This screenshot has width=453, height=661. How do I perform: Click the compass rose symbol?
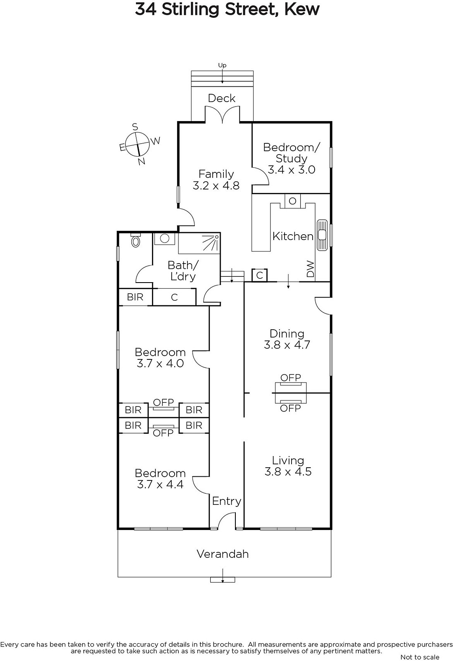137,144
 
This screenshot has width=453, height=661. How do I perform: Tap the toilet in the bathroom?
135,240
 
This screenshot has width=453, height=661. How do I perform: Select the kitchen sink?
322,235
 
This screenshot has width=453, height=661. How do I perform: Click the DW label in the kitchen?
311,269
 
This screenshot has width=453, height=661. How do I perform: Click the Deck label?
222,98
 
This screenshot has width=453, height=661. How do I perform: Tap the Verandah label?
223,554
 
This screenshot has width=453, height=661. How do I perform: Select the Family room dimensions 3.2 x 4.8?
216,185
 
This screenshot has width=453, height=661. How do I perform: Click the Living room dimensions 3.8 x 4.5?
288,471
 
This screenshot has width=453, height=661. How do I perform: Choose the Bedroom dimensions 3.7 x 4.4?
160,485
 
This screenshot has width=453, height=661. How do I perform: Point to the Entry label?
226,501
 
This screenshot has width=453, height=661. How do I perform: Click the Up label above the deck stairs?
222,65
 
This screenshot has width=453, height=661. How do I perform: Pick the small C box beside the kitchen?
259,275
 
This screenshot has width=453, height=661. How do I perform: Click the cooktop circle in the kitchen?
292,201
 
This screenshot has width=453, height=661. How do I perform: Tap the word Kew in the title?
302,10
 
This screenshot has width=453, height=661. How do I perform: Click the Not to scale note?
420,657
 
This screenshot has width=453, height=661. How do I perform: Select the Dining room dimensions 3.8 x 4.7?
287,345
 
